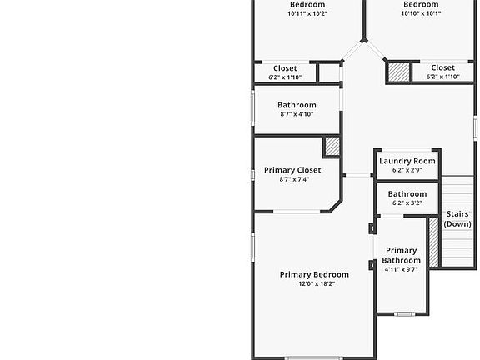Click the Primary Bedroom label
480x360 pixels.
314,274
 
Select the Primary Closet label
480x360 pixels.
292,170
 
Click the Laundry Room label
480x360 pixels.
407,161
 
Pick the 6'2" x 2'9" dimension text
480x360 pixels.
407,170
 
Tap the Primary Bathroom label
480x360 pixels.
401,255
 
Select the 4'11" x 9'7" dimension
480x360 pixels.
401,269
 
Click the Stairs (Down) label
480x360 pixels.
457,218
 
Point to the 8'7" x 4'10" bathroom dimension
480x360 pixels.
297,114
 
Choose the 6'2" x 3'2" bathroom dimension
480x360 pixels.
407,202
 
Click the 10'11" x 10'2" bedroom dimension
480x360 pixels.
307,13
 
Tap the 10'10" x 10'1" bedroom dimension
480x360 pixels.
421,13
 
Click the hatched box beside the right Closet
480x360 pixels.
398,72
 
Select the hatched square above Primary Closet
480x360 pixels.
332,147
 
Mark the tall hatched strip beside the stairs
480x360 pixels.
433,242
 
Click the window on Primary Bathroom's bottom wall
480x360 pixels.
404,313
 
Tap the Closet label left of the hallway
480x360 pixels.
285,68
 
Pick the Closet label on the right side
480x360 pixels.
442,67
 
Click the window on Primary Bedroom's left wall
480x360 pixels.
253,246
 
